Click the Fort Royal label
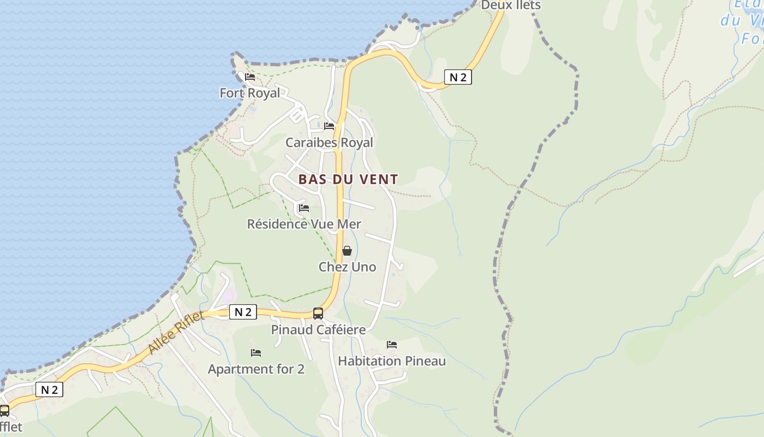(249, 93)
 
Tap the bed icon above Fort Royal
(250, 77)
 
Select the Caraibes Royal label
(329, 143)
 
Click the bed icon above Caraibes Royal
(329, 126)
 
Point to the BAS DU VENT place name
(348, 179)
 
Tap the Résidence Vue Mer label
(304, 224)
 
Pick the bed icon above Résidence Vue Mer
(304, 208)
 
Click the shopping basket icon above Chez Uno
(347, 251)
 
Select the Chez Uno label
(347, 267)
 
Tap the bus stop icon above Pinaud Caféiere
(318, 314)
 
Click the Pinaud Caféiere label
(318, 330)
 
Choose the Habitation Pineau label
(392, 361)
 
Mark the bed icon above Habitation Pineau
(392, 345)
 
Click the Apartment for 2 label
(256, 369)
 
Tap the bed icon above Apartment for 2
(256, 353)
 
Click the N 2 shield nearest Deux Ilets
(458, 77)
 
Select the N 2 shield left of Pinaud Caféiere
(243, 312)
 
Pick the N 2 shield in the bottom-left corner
(49, 389)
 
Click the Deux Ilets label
(510, 5)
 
